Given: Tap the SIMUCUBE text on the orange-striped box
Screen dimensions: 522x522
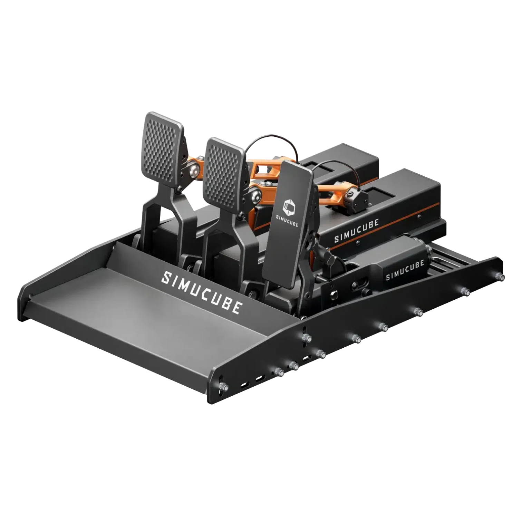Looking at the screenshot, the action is pyautogui.click(x=356, y=230).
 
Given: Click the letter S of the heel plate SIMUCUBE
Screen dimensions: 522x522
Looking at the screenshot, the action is pyautogui.click(x=166, y=277).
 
